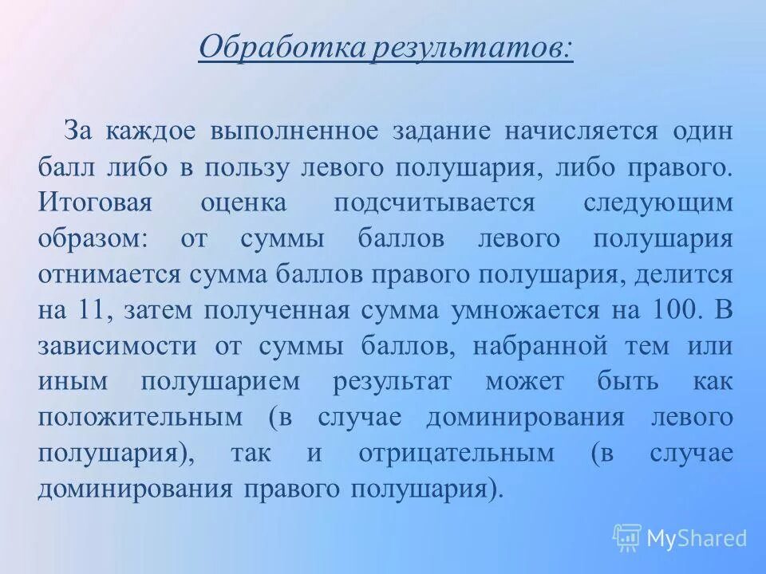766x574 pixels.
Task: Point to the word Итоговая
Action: click(95, 202)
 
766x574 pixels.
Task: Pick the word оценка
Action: click(243, 202)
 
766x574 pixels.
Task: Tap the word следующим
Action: click(657, 202)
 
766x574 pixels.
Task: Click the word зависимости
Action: click(116, 346)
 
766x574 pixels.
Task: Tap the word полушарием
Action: click(221, 382)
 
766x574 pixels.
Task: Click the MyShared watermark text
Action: click(696, 538)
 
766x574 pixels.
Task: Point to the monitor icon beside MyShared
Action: click(627, 538)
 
